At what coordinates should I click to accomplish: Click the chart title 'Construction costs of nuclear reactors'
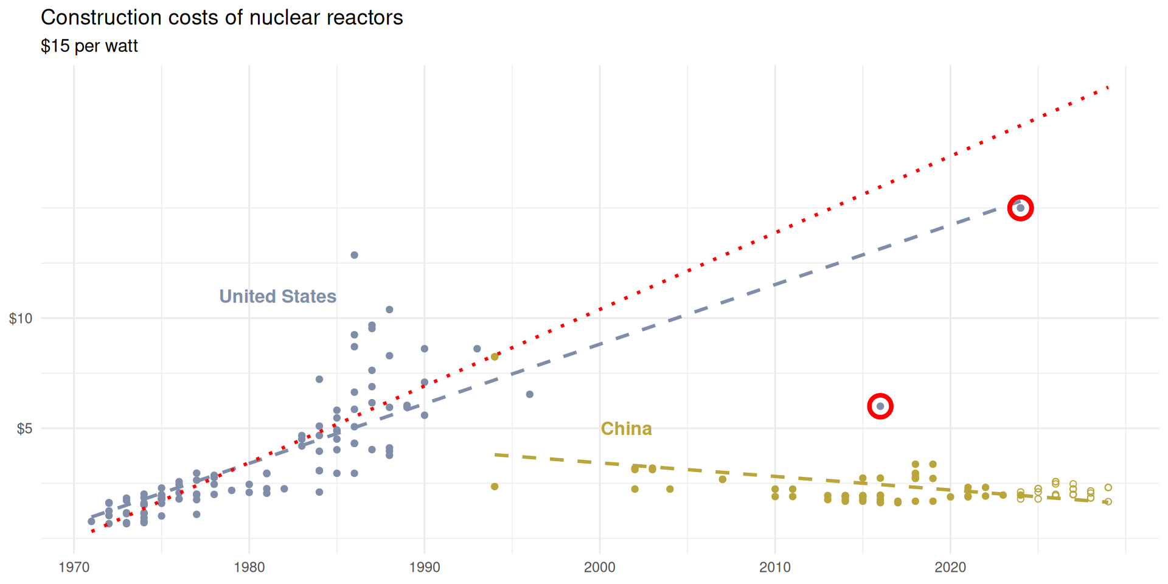(221, 18)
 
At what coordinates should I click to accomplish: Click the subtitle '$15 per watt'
(89, 46)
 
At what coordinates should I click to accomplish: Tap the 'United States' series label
(277, 296)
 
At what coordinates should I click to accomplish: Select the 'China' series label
(626, 429)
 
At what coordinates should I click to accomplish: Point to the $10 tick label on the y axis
(21, 318)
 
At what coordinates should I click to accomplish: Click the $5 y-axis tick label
(24, 429)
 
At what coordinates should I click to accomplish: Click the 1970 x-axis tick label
(74, 568)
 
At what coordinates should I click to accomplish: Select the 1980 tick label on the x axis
(249, 568)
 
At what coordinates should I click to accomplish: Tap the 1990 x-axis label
(425, 568)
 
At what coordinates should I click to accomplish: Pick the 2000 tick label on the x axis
(600, 568)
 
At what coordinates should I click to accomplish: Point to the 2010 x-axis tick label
(775, 568)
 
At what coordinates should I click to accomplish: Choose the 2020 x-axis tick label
(950, 568)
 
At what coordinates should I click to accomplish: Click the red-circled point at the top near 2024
(1020, 208)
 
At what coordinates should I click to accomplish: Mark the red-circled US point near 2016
(880, 406)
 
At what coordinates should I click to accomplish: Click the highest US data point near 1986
(355, 255)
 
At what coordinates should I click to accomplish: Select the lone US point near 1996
(530, 394)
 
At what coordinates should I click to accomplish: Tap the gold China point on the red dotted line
(495, 357)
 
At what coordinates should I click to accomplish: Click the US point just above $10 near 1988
(389, 310)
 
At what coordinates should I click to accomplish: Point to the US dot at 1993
(478, 349)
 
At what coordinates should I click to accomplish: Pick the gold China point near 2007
(723, 479)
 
